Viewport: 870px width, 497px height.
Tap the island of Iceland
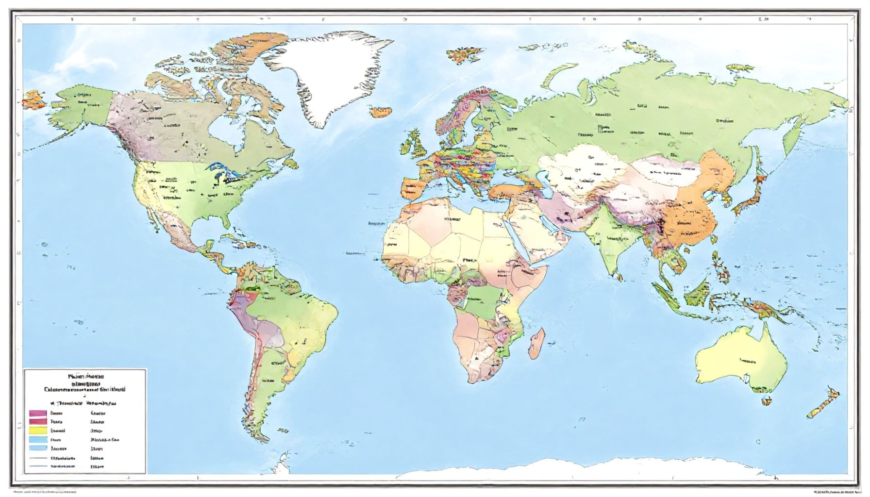click(382, 112)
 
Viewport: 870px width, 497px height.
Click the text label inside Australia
click(747, 360)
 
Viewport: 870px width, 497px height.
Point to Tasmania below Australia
click(766, 400)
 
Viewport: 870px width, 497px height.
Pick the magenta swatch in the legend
click(37, 414)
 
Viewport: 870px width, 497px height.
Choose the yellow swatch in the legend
click(37, 430)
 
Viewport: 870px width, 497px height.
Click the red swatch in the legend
click(37, 422)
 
